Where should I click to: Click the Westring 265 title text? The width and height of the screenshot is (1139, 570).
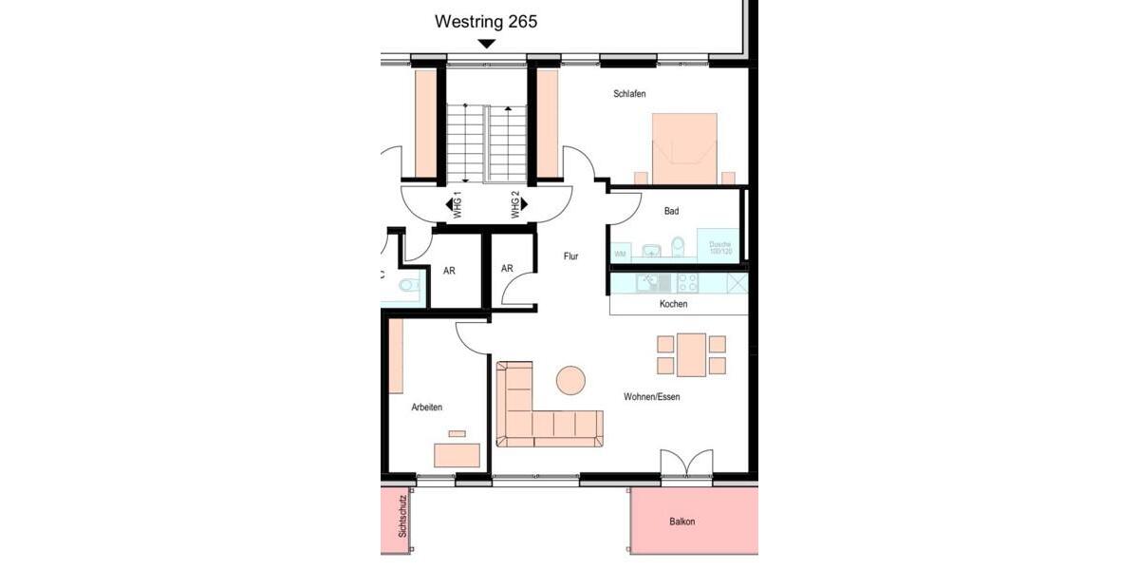(x=486, y=21)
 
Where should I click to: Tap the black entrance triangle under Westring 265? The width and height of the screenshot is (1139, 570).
(x=487, y=44)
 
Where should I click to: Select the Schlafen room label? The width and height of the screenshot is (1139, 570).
(x=629, y=93)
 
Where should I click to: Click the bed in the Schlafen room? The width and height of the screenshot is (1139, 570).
(x=684, y=147)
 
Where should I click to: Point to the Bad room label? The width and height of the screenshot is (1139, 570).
(x=671, y=211)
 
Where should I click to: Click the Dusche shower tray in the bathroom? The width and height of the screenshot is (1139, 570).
(x=719, y=245)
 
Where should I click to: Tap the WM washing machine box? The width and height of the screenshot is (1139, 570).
(x=621, y=253)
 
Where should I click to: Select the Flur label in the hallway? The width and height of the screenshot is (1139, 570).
(x=570, y=256)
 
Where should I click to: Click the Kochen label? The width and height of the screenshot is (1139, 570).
(x=673, y=304)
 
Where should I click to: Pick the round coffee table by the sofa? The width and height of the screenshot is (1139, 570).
(x=570, y=380)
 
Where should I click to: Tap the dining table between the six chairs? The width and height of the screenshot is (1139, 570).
(x=691, y=354)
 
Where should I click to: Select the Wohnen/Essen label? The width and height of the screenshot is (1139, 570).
(x=651, y=397)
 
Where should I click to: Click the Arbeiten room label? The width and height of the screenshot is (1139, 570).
(x=426, y=408)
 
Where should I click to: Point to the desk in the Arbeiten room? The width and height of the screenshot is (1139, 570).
(x=457, y=455)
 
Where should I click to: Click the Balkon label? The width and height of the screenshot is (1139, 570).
(x=682, y=522)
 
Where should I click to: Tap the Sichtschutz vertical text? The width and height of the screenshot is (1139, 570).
(x=402, y=517)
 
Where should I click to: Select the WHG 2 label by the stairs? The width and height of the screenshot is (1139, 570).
(x=516, y=205)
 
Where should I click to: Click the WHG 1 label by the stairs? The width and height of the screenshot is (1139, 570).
(x=457, y=205)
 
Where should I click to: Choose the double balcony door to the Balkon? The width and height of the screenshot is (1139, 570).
(x=686, y=465)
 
